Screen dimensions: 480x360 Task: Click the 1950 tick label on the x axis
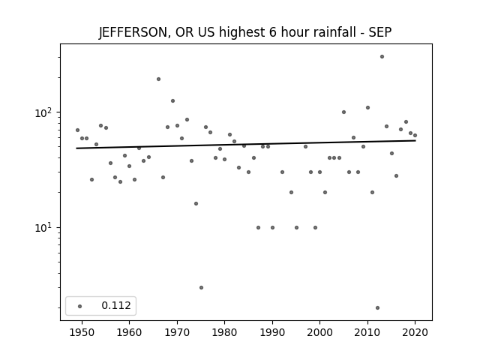82,333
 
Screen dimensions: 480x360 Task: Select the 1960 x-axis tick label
129,333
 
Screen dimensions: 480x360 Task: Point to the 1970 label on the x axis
177,333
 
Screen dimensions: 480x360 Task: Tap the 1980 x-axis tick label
224,333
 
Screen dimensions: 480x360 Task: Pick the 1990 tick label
272,333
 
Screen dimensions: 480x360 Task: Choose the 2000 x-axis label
319,333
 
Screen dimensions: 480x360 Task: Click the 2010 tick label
367,333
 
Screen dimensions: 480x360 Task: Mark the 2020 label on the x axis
415,333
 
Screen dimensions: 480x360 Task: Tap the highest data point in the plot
382,57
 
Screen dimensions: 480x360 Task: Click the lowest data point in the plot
377,308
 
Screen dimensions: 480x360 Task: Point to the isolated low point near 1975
201,288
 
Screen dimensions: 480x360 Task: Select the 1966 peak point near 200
158,79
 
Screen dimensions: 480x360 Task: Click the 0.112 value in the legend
116,305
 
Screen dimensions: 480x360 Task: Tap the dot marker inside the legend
80,306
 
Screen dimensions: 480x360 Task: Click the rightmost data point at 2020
415,135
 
